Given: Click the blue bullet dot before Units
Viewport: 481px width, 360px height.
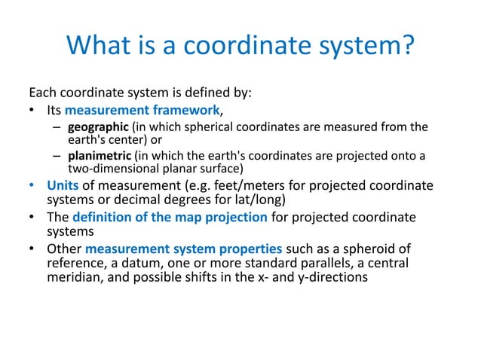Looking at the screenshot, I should coord(32,186).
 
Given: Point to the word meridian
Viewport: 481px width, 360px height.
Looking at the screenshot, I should coord(72,277).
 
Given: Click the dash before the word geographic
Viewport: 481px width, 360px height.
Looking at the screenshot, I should coord(57,127).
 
